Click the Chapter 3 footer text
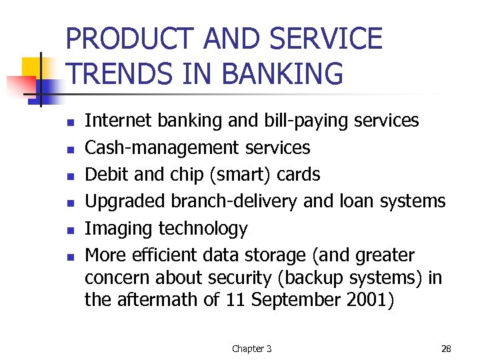(251, 349)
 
